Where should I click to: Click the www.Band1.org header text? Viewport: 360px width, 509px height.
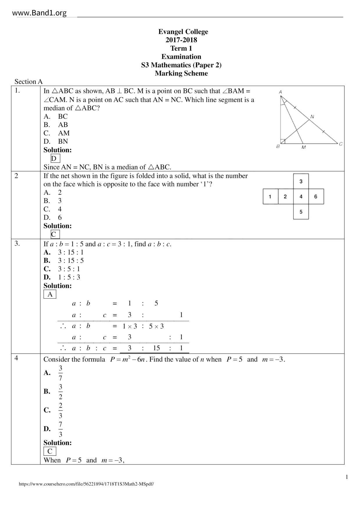pos(39,13)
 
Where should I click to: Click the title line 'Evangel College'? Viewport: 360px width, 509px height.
pos(183,32)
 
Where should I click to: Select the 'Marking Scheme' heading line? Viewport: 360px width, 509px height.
pos(181,73)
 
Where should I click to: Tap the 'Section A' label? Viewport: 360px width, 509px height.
pos(28,82)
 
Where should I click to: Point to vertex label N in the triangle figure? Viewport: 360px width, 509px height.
pos(312,117)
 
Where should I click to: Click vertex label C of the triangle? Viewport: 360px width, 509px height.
pos(341,144)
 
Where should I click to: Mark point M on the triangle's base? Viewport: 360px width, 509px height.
pos(303,147)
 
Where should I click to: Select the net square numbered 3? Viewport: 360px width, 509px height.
pos(301,181)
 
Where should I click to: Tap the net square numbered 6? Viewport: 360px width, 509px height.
pos(316,196)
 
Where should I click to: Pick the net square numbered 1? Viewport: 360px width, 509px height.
pos(270,196)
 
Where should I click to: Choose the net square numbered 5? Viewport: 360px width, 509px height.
pos(301,212)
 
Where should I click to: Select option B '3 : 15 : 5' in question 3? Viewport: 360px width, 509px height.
pos(71,261)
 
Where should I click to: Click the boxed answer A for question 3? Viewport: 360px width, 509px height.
pos(50,295)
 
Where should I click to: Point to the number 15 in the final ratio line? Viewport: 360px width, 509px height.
pos(156,348)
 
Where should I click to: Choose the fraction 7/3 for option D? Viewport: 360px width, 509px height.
pos(60,429)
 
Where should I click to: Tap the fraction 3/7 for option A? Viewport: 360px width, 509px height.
pos(60,373)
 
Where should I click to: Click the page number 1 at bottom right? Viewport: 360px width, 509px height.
pos(347,477)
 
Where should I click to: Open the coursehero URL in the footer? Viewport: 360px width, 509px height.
pos(86,484)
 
